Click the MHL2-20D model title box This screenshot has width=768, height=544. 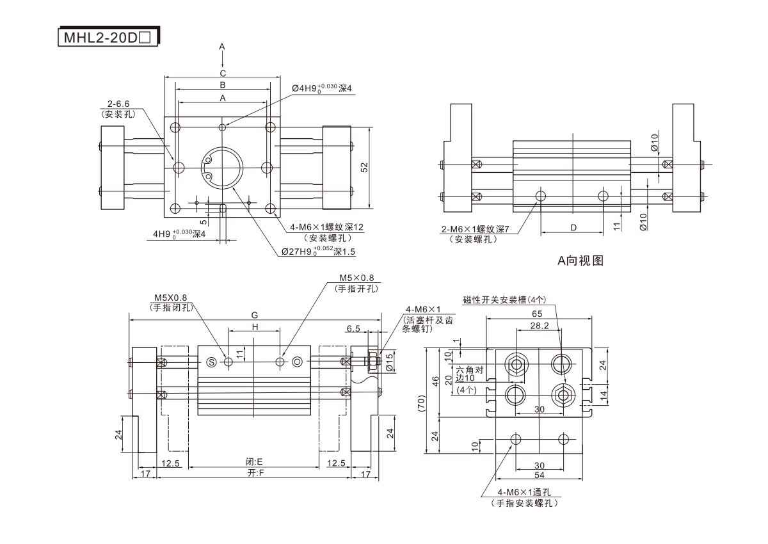[106, 37]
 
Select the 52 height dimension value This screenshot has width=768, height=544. [364, 167]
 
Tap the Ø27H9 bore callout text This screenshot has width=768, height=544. [318, 252]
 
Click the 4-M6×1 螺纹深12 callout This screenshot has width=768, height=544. [326, 227]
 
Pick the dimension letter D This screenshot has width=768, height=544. [573, 227]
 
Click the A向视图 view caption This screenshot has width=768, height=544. [580, 260]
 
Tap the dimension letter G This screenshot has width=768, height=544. [255, 315]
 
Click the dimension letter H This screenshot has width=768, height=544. [255, 327]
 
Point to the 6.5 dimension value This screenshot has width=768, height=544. [353, 328]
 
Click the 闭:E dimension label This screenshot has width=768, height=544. [255, 462]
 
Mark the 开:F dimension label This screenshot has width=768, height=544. [255, 473]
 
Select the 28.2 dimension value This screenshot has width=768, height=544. [540, 326]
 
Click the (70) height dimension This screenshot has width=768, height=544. [421, 403]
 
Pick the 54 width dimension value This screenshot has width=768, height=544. [539, 476]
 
